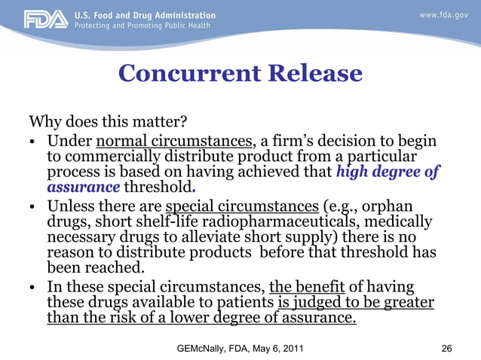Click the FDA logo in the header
click(45, 20)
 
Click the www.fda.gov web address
click(445, 15)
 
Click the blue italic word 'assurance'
click(84, 187)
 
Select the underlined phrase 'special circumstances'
click(241, 206)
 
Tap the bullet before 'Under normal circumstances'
click(34, 142)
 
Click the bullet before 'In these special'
click(34, 287)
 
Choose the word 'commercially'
click(115, 156)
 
